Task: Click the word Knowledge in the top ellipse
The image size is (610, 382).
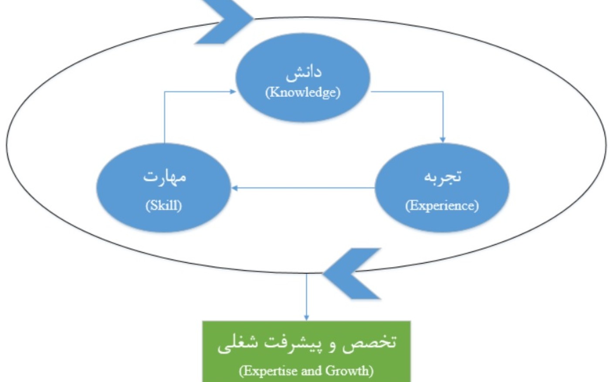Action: point(303,92)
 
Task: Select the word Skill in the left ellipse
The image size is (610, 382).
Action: point(164,205)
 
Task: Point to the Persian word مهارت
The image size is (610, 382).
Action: point(165,177)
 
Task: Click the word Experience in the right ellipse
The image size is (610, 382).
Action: point(442,206)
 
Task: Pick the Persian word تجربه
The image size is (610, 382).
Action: point(443,177)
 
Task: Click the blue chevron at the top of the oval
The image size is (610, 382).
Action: point(225,21)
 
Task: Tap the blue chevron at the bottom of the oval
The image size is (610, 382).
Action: point(352,273)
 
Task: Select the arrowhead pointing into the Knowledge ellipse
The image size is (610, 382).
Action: point(232,92)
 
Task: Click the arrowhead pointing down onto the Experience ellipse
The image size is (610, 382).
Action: point(443,140)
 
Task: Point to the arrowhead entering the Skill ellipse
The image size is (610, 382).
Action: point(235,188)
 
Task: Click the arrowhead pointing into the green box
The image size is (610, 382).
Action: point(307,318)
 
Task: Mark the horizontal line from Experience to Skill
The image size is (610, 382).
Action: point(303,188)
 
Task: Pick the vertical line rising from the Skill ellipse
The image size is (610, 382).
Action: point(165,117)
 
